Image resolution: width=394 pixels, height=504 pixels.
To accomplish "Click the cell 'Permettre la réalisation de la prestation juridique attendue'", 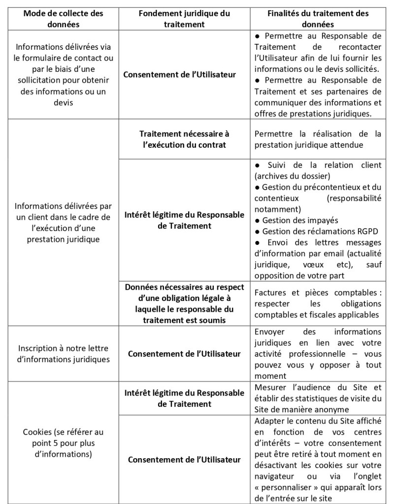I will (x=318, y=139).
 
